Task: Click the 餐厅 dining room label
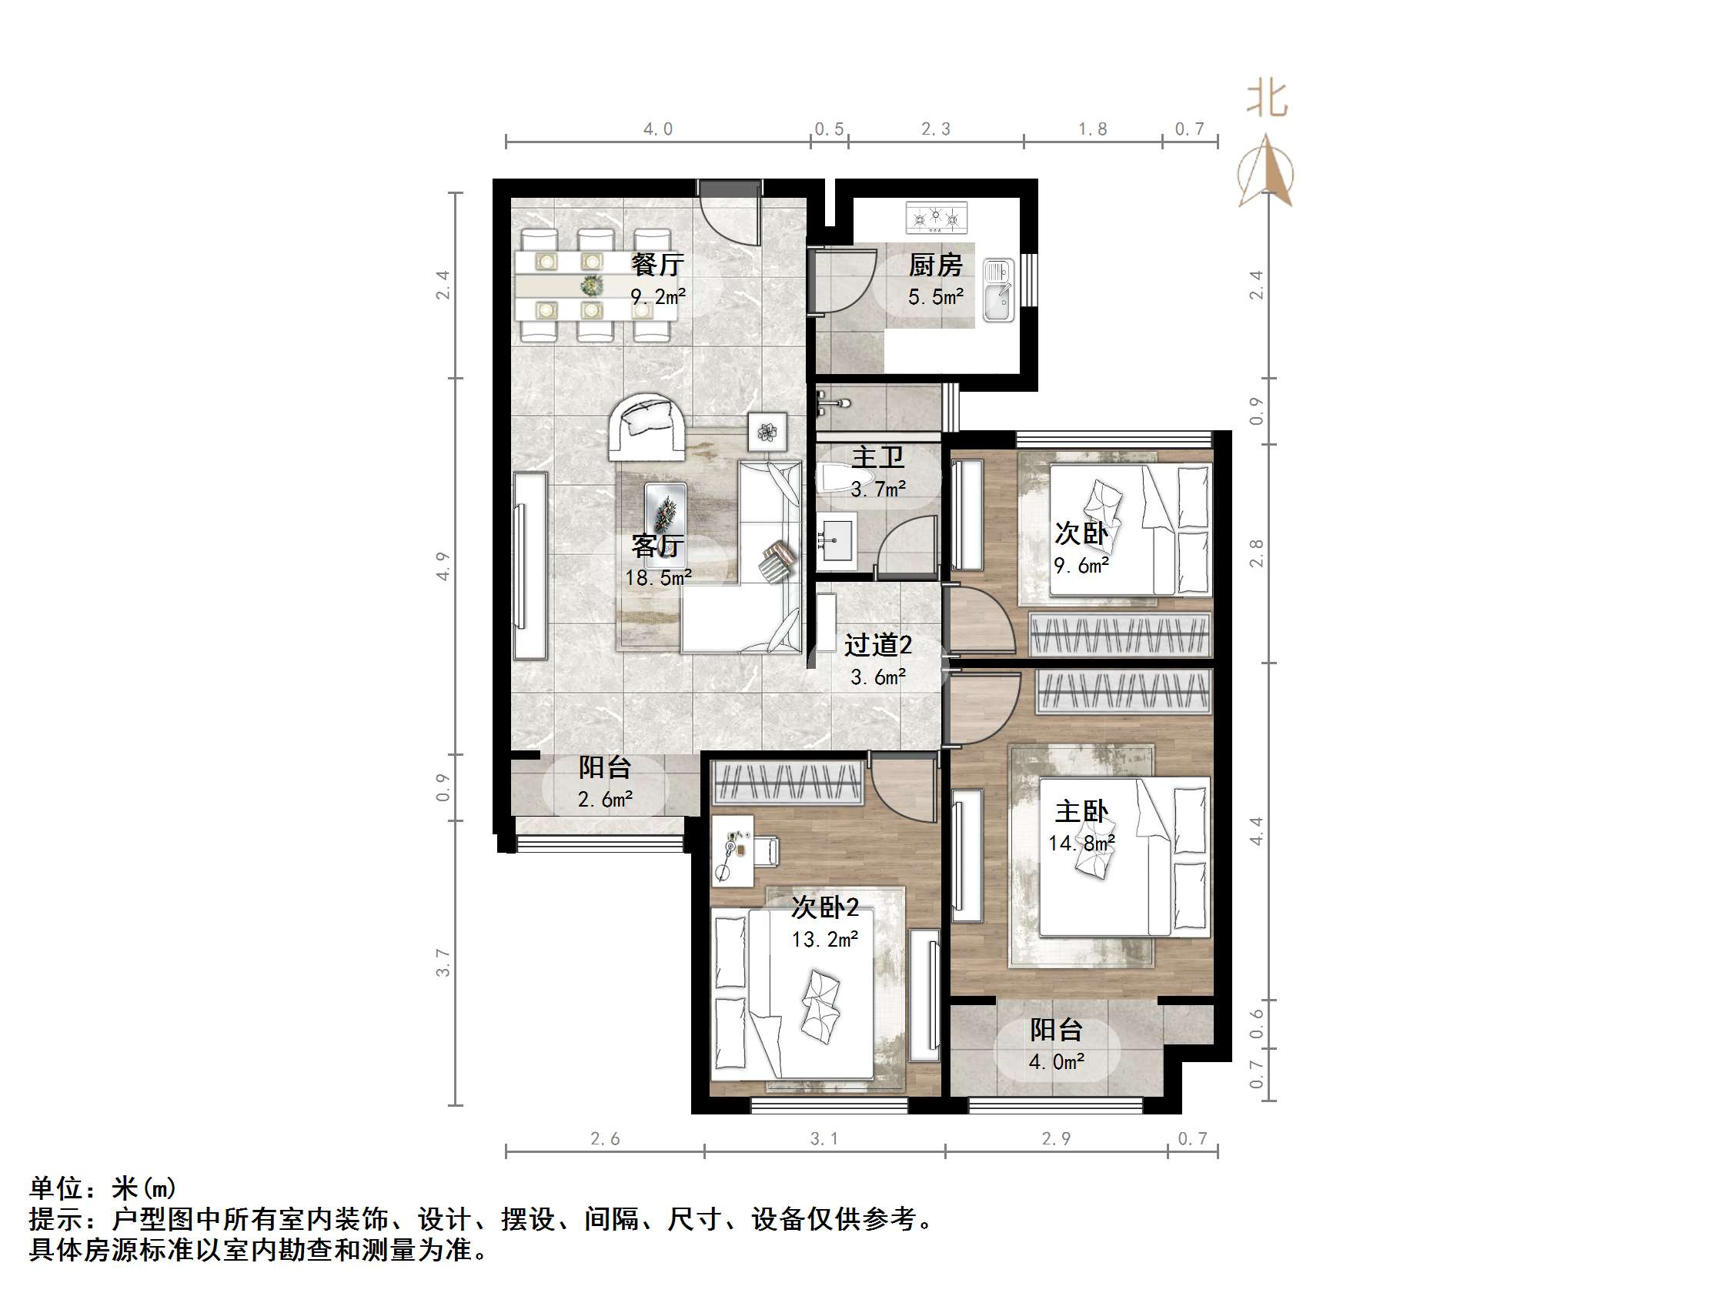[657, 265]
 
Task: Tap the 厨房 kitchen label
[934, 266]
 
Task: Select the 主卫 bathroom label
[877, 456]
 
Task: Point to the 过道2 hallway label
[877, 645]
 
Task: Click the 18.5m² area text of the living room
[658, 578]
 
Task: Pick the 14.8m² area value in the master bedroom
[1081, 844]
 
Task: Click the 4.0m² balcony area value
[1056, 1062]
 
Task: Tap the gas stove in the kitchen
[936, 218]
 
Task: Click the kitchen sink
[997, 291]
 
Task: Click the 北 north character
[1267, 100]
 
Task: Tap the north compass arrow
[1266, 172]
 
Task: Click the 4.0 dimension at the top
[657, 129]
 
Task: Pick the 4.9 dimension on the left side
[443, 566]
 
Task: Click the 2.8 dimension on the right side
[1255, 553]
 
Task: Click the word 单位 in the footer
[55, 1188]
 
